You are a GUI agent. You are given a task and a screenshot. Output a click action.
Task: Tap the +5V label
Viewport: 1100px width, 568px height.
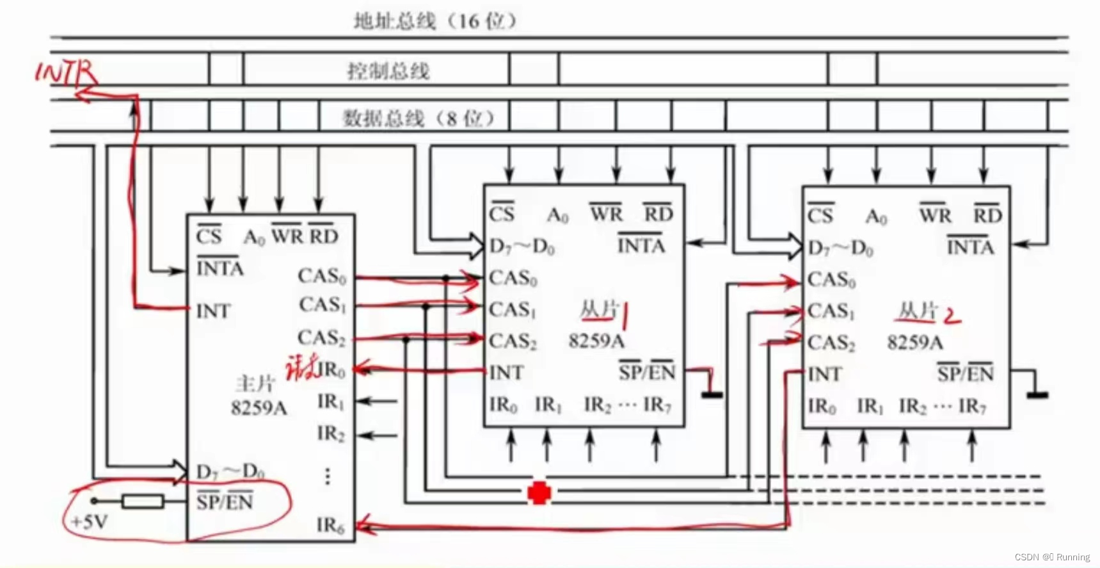[89, 522]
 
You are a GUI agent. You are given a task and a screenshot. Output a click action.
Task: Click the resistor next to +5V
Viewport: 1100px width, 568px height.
[143, 501]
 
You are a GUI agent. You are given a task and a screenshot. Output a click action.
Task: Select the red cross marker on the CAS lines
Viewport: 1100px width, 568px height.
[539, 493]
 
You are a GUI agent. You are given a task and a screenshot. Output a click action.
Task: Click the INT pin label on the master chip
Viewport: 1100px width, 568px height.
[213, 311]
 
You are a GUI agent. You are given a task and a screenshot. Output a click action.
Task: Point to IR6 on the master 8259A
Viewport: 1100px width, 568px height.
[330, 526]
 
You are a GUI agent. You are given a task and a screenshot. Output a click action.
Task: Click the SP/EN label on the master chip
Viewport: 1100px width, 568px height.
[225, 501]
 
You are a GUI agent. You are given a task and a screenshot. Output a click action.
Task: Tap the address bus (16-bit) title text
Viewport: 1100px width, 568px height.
[434, 21]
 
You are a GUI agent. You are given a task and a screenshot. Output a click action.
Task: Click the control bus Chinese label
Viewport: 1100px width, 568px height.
[388, 70]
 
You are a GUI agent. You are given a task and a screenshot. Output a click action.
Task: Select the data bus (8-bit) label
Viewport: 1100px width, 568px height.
[418, 118]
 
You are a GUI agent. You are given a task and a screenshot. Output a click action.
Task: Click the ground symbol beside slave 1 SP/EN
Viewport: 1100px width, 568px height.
[712, 394]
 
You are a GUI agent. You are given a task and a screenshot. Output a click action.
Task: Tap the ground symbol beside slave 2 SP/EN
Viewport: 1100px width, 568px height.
[1037, 395]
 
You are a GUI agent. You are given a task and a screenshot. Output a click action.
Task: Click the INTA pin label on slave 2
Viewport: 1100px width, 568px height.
[970, 247]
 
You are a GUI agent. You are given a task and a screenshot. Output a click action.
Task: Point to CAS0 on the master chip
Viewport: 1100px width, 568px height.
[321, 276]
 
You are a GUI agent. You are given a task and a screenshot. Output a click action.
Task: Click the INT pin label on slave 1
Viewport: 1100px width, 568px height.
[506, 373]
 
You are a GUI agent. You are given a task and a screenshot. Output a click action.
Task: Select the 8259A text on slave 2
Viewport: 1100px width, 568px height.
[914, 343]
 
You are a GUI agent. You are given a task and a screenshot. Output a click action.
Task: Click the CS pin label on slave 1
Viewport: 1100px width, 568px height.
[502, 213]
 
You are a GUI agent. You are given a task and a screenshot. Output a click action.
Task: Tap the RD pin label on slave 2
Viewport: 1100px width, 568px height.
[987, 215]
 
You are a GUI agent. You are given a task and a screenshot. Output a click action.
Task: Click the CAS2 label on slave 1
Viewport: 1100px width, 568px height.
[513, 341]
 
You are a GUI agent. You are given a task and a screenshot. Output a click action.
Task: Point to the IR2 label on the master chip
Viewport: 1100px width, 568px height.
[330, 434]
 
